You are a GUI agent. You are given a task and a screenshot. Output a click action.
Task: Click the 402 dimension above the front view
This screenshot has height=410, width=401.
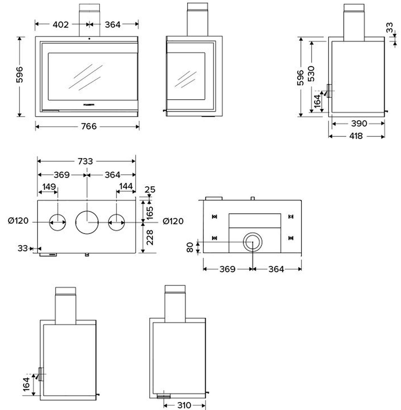(61, 24)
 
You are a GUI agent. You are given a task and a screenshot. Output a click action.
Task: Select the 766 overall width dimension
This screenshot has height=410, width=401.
(89, 127)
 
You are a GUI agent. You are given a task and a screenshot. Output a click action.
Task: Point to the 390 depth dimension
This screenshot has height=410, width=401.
(359, 124)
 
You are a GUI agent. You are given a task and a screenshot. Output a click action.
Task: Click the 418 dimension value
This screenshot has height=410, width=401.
(356, 136)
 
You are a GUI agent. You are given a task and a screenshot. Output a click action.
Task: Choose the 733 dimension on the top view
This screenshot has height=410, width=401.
(85, 161)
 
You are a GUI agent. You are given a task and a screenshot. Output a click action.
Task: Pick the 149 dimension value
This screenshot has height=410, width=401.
(49, 186)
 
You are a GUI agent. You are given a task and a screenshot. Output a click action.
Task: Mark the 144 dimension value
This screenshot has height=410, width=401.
(126, 186)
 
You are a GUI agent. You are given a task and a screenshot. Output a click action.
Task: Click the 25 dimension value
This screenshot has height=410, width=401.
(150, 190)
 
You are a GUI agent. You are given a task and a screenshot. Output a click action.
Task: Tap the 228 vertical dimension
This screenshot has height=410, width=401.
(150, 237)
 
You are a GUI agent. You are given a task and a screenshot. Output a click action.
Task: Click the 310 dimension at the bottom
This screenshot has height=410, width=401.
(184, 406)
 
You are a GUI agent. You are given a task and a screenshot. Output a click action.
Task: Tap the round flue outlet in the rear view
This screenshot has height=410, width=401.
(253, 242)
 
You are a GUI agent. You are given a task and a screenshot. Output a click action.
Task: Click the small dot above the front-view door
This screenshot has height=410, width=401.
(90, 38)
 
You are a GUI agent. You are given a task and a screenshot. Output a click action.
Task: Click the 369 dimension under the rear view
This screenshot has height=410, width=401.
(227, 269)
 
